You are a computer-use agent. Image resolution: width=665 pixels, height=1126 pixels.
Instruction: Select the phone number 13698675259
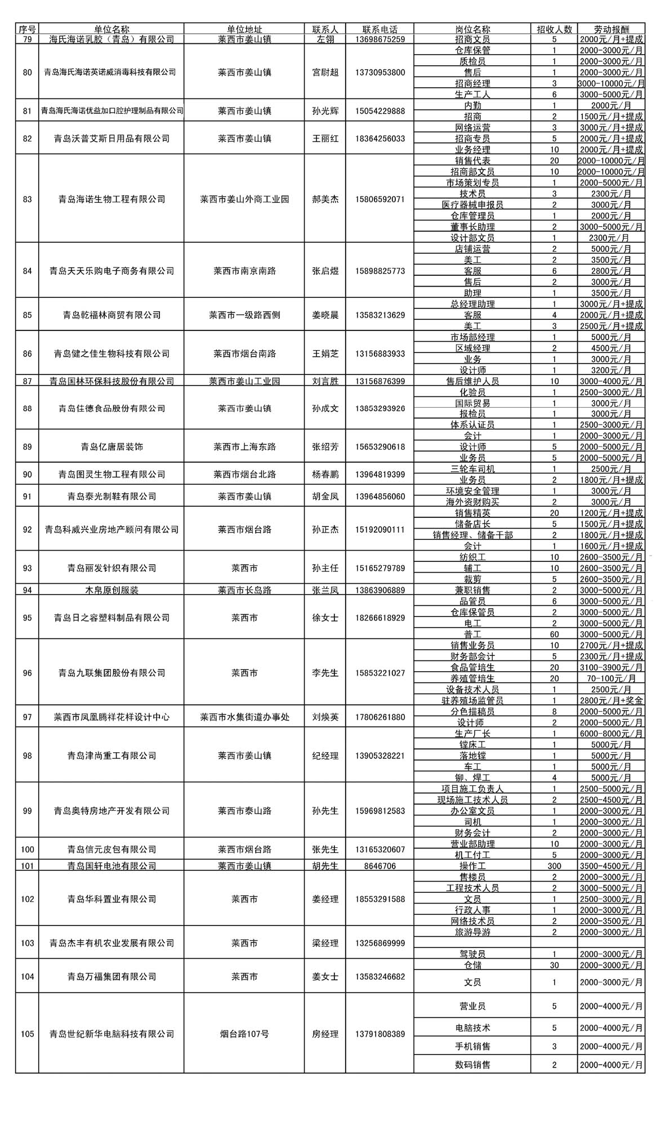[x=380, y=39]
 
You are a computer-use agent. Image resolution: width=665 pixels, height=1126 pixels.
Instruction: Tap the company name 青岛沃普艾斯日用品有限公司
[x=111, y=138]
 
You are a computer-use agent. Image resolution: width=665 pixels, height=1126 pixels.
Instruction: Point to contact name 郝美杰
[x=325, y=199]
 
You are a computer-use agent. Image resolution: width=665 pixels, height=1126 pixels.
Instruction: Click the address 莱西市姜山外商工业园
[x=244, y=199]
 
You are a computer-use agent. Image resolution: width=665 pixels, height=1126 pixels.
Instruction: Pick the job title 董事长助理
[x=472, y=227]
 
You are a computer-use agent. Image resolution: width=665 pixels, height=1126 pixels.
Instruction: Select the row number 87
[x=27, y=381]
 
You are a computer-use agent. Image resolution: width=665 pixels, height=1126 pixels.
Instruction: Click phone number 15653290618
[x=380, y=447]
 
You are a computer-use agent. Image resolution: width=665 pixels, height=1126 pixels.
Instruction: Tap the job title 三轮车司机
[x=472, y=469]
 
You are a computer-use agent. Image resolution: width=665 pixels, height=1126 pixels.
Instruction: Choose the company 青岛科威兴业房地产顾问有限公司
[x=111, y=529]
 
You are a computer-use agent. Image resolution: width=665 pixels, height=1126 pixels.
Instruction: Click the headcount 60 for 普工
[x=554, y=635]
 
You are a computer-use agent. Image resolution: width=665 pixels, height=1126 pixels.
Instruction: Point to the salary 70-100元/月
[x=611, y=678]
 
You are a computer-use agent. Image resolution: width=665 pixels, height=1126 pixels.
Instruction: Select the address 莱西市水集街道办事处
[x=244, y=717]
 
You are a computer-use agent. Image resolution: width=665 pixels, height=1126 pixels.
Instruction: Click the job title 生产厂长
[x=472, y=734]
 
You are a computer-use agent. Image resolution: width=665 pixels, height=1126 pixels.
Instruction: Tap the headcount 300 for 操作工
[x=554, y=866]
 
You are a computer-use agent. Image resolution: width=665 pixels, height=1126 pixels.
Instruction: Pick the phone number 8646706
[x=380, y=866]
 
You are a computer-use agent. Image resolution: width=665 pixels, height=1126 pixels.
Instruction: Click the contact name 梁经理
[x=325, y=943]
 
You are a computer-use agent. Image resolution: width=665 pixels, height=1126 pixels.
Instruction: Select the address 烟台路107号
[x=244, y=1034]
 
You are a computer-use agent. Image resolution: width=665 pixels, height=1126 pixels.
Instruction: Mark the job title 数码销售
[x=472, y=1065]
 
